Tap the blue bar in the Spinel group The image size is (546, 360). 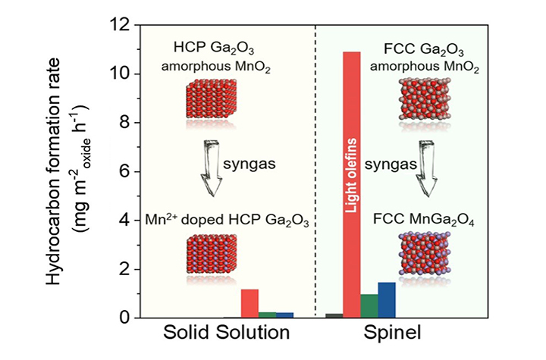[387, 300]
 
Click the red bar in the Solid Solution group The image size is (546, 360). [250, 304]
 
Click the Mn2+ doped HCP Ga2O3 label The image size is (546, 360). [225, 222]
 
